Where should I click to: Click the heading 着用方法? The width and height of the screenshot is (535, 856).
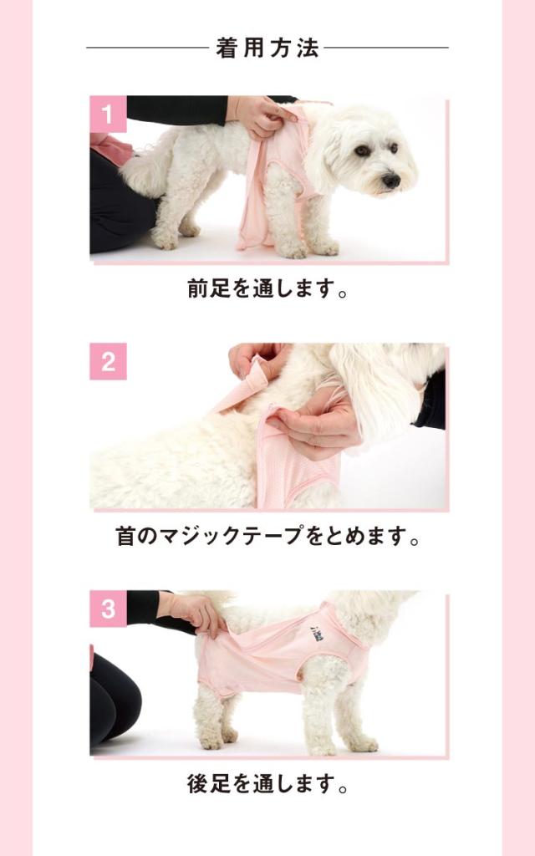tap(267, 48)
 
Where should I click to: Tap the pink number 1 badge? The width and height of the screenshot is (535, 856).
tap(108, 114)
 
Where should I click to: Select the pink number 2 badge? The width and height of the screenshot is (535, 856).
tap(108, 361)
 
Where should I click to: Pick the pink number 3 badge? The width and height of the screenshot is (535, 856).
tap(108, 609)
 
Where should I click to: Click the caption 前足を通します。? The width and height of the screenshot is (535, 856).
tap(267, 288)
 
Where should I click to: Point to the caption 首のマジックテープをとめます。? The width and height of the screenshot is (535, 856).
tap(267, 536)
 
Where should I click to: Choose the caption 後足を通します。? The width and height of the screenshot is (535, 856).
tap(267, 783)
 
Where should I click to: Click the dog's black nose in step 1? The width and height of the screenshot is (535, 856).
tap(391, 181)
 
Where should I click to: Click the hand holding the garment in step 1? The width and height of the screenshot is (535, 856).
tap(259, 115)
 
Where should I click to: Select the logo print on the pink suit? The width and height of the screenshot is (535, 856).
tap(317, 634)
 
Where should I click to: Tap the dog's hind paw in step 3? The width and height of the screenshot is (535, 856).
tap(214, 741)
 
